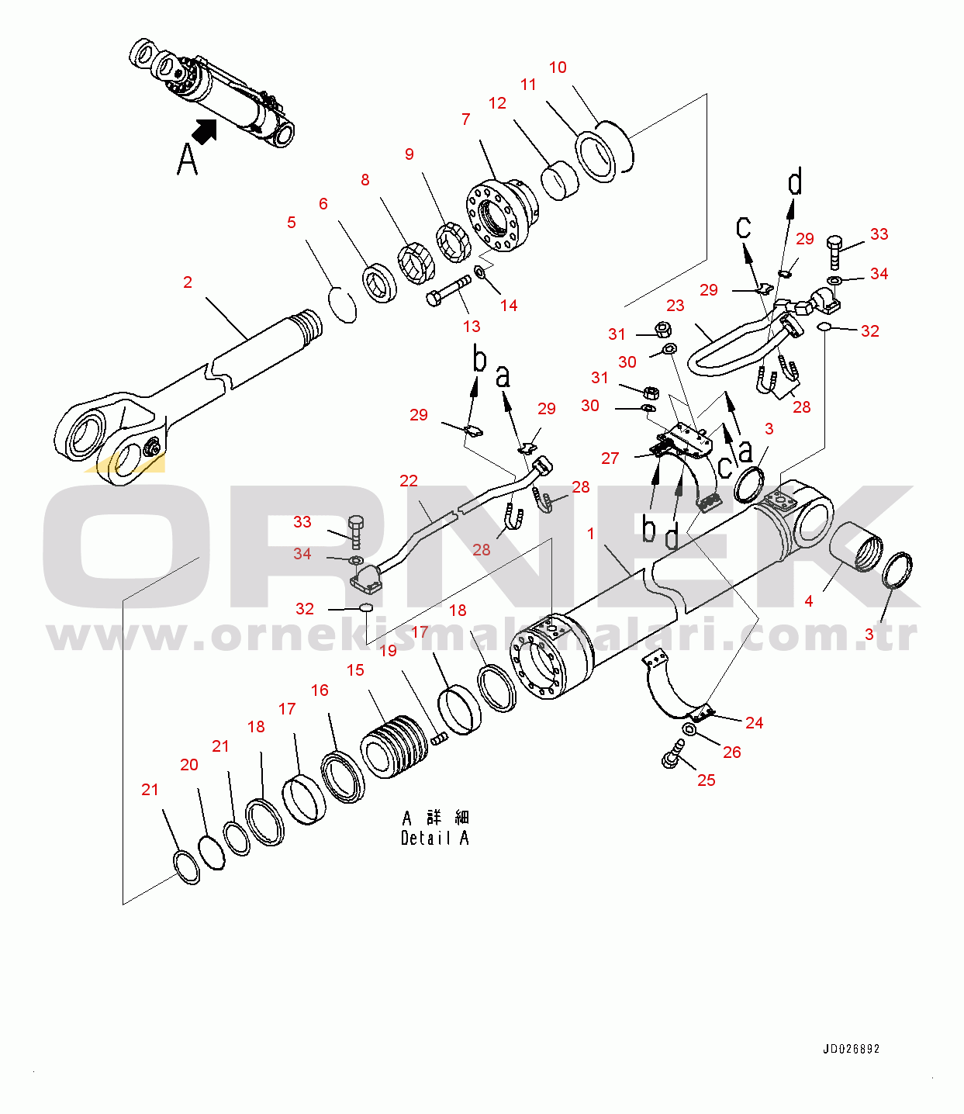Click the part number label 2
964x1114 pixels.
coord(188,282)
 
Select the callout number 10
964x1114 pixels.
coord(558,67)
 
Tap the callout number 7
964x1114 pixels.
coord(465,119)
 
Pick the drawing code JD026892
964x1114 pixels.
coord(851,1049)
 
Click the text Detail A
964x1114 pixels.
coord(434,838)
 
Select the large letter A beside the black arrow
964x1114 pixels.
coord(188,159)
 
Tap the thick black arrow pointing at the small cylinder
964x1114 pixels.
coord(206,130)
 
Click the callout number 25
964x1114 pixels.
coord(706,780)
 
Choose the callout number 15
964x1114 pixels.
coord(355,670)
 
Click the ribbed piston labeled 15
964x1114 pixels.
coord(395,746)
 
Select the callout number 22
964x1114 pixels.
coord(409,481)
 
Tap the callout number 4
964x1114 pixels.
coord(809,601)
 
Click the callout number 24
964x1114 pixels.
coord(754,723)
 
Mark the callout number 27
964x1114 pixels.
coord(610,458)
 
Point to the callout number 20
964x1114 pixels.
coord(189,765)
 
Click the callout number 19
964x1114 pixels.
coord(388,651)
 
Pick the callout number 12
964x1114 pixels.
coord(497,103)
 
